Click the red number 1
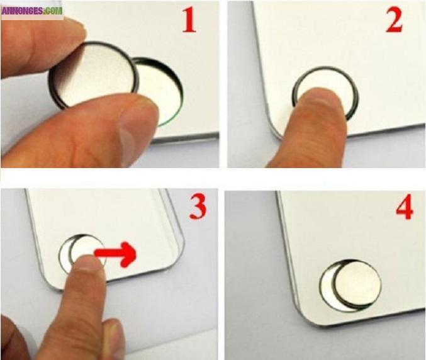[x=189, y=20]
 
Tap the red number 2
[x=395, y=20]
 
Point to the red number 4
[x=404, y=208]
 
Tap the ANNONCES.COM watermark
[x=31, y=9]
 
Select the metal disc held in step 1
[x=94, y=74]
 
